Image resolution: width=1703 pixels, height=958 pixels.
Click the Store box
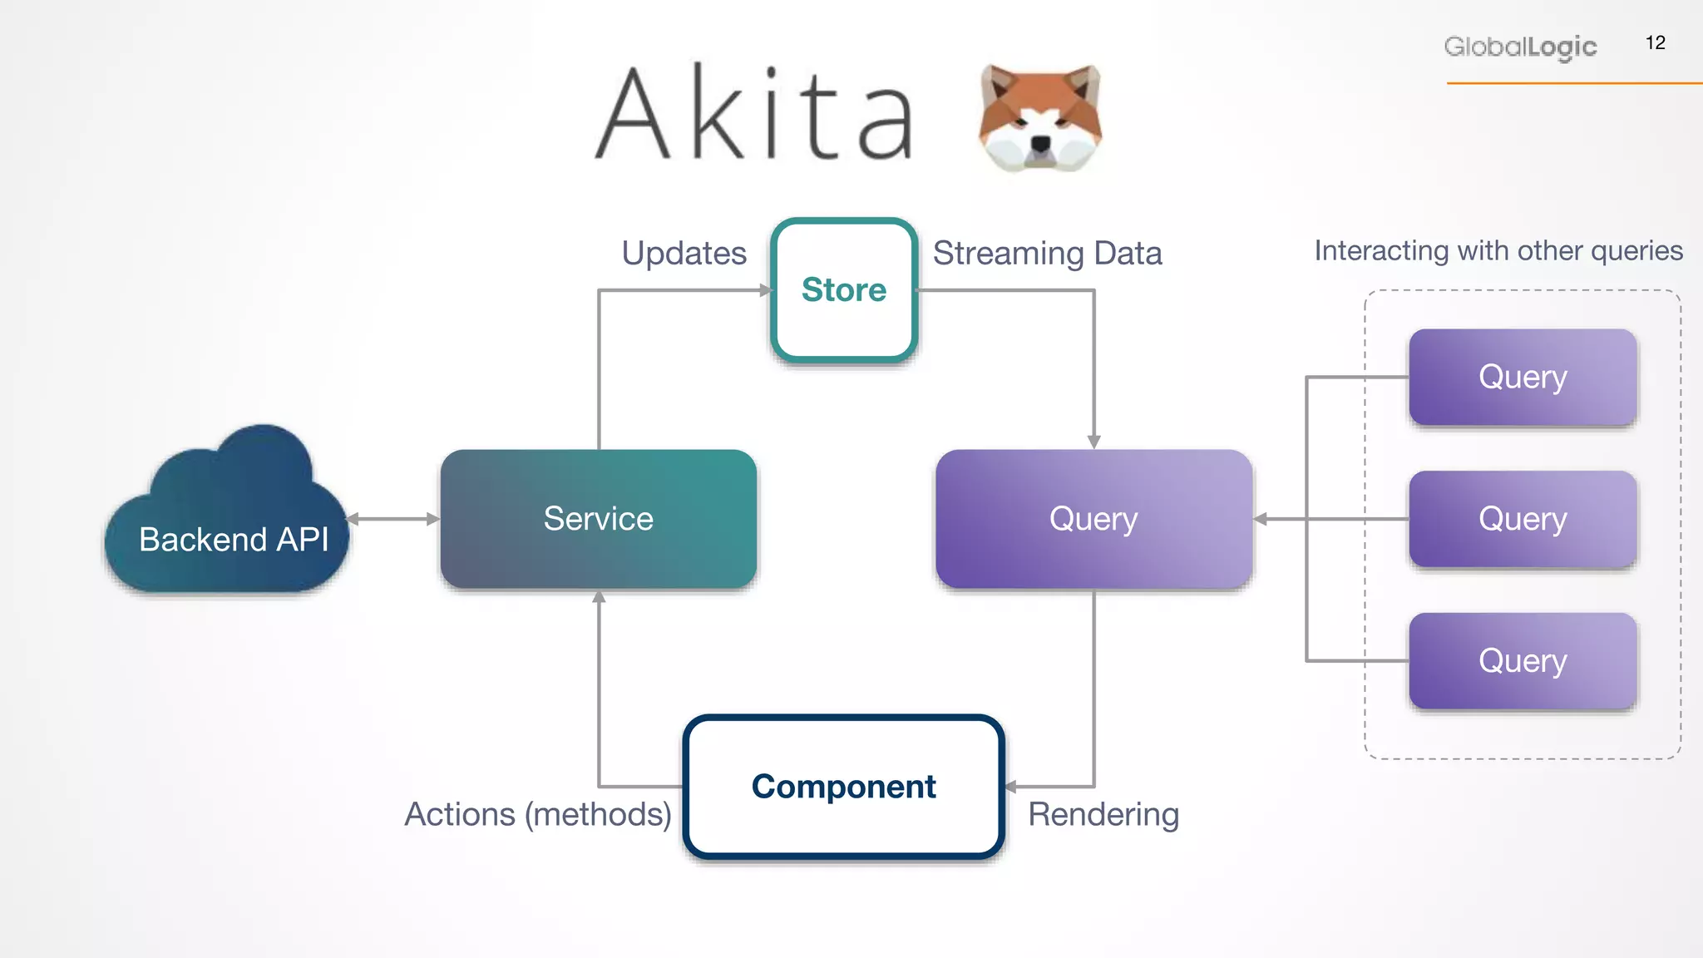click(844, 290)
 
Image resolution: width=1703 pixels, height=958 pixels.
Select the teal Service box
click(598, 519)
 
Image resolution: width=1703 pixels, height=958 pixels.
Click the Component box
click(843, 787)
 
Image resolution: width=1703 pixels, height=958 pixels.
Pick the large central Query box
click(1093, 519)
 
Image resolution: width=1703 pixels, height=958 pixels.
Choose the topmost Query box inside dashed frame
click(1523, 377)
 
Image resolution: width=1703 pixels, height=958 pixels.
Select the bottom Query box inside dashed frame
click(1523, 661)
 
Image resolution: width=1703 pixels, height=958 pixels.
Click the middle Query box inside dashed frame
click(1523, 519)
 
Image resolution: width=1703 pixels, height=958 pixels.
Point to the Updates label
click(684, 253)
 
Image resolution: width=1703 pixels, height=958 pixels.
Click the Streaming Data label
click(1047, 253)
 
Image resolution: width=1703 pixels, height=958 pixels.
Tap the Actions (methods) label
click(538, 814)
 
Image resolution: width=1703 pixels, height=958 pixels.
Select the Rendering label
click(1103, 814)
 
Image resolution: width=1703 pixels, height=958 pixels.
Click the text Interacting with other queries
click(1498, 250)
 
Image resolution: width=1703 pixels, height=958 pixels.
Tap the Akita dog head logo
click(1039, 116)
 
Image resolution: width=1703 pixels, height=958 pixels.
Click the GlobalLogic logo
click(1520, 47)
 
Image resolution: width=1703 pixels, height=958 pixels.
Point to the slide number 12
click(1655, 43)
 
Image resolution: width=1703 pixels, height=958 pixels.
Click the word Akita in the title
click(755, 114)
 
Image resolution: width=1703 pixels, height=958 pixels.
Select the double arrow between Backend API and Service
click(392, 519)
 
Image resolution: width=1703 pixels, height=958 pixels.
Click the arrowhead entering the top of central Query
click(1093, 442)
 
